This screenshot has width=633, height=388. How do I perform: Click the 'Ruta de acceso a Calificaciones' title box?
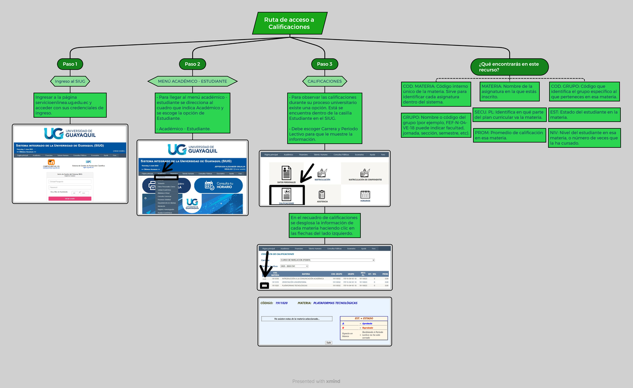[x=289, y=23]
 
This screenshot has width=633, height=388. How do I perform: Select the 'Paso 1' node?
[x=70, y=64]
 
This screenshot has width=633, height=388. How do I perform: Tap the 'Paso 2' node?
[x=193, y=64]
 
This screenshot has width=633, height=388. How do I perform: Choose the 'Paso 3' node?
[x=324, y=64]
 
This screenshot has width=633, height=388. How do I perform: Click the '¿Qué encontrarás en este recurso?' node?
[x=509, y=67]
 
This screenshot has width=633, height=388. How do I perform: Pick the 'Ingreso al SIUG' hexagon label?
[x=70, y=81]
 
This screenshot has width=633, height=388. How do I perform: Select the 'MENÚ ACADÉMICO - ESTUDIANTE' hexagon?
[x=193, y=81]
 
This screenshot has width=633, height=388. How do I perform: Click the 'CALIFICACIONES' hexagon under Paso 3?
[x=324, y=81]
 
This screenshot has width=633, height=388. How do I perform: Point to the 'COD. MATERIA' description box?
[x=436, y=94]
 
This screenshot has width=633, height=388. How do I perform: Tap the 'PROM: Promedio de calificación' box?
[x=509, y=135]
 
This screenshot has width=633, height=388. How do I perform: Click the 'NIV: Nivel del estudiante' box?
[x=583, y=137]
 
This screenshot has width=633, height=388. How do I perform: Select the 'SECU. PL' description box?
[x=509, y=115]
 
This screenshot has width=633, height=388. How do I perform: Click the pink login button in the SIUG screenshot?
[x=70, y=198]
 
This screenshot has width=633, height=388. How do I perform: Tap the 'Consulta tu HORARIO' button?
[x=218, y=185]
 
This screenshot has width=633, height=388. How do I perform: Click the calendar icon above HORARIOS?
[x=365, y=194]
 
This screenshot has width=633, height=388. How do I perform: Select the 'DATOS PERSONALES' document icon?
[x=286, y=173]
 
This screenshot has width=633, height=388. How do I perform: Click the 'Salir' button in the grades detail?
[x=329, y=342]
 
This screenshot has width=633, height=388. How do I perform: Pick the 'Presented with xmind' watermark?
[x=316, y=381]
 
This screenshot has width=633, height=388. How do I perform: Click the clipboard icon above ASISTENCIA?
[x=322, y=194]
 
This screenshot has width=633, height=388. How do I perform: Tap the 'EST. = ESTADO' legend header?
[x=363, y=318]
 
